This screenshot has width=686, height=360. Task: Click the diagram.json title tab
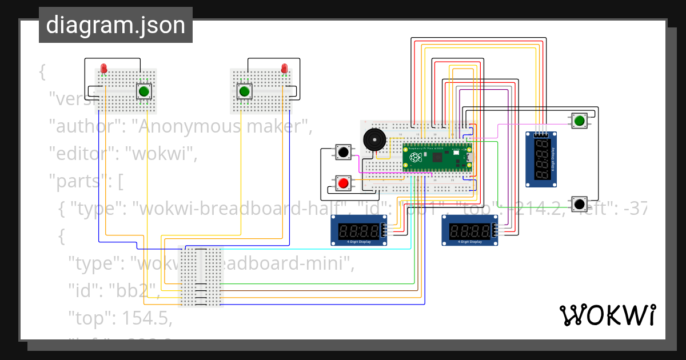pyautogui.click(x=115, y=26)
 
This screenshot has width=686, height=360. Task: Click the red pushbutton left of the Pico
pyautogui.click(x=343, y=183)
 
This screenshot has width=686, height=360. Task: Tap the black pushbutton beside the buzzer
pyautogui.click(x=343, y=153)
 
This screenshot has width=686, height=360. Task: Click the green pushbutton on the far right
pyautogui.click(x=579, y=121)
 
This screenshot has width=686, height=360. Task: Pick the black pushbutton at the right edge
pyautogui.click(x=579, y=203)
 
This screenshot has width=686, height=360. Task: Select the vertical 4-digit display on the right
pyautogui.click(x=541, y=159)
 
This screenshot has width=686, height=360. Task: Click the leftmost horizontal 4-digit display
pyautogui.click(x=359, y=231)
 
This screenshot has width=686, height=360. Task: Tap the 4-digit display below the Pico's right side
pyautogui.click(x=470, y=231)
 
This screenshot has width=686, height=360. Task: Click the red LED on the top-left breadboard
pyautogui.click(x=103, y=69)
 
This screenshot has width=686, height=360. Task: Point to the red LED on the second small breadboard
pyautogui.click(x=284, y=69)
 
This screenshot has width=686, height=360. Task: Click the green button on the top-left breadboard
pyautogui.click(x=144, y=91)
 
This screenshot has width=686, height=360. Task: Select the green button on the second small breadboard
pyautogui.click(x=245, y=91)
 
